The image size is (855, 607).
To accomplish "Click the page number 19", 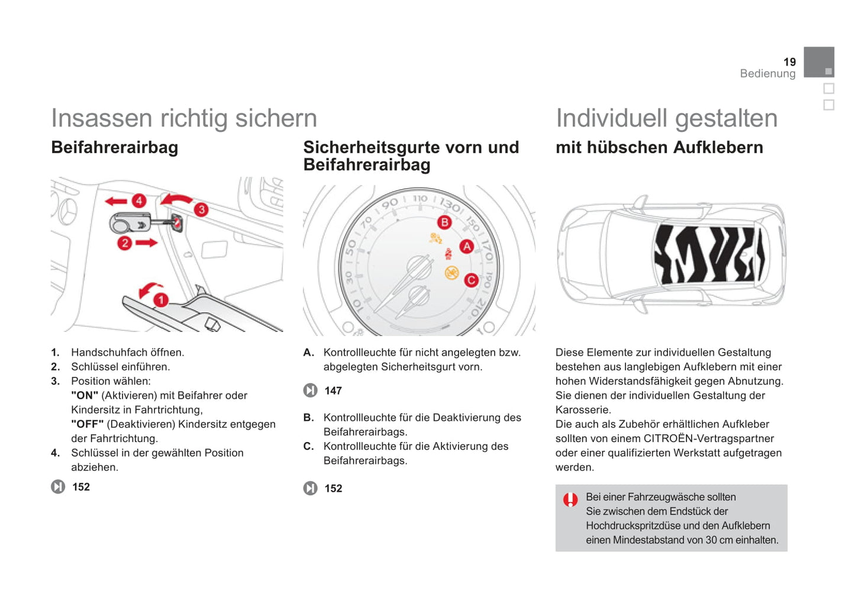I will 789,62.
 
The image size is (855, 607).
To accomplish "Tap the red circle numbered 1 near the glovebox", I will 160,301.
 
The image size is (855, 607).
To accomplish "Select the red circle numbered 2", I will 124,243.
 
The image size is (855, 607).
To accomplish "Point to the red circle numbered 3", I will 201,209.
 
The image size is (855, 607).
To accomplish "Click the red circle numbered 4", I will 139,201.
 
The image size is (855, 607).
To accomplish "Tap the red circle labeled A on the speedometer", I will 467,247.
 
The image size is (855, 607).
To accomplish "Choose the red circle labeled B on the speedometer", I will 444,222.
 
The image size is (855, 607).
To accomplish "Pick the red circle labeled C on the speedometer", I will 471,280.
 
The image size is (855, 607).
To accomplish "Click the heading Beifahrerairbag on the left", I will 115,147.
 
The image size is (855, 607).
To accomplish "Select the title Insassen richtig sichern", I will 184,118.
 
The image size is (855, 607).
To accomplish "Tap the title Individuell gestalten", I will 666,118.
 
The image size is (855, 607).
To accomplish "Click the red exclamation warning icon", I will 570,500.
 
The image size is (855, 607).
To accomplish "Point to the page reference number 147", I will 333,390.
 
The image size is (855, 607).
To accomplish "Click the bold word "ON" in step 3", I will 85,395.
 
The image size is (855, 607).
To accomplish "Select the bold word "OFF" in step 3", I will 87,424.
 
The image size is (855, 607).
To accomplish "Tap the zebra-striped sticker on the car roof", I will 708,254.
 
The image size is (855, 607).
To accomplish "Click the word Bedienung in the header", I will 767,73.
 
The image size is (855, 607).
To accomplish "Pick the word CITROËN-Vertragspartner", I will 709,438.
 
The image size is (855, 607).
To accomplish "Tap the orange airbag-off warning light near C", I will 451,273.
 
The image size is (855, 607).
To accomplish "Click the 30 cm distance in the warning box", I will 719,540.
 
